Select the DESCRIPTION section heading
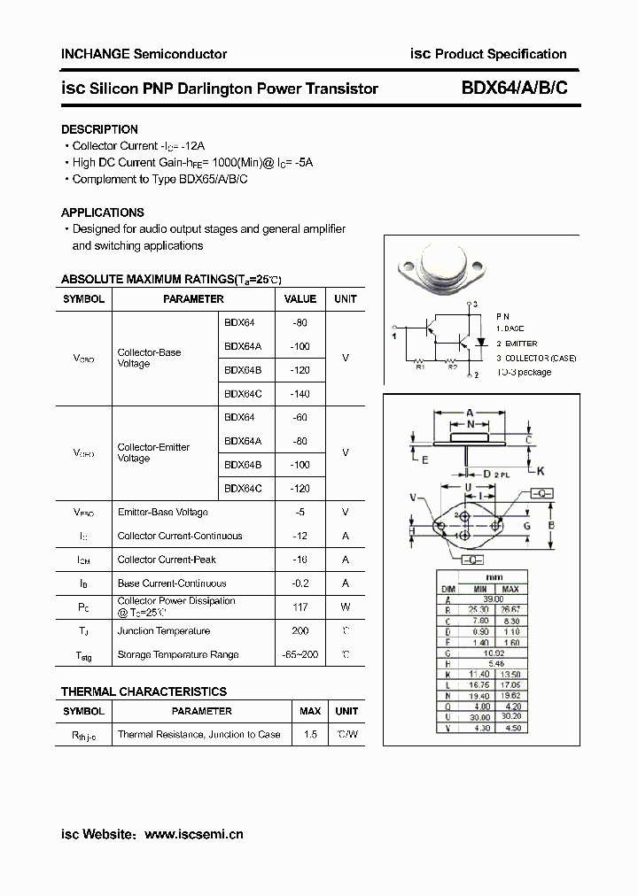pyautogui.click(x=99, y=129)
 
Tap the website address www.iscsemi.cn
pyautogui.click(x=193, y=834)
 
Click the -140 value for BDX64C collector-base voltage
pyautogui.click(x=300, y=394)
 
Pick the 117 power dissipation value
pyautogui.click(x=300, y=607)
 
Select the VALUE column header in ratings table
pyautogui.click(x=300, y=299)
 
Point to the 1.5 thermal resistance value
pyautogui.click(x=310, y=735)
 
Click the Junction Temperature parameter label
pyautogui.click(x=164, y=631)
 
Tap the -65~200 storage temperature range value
pyautogui.click(x=300, y=655)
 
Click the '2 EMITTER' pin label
pyautogui.click(x=517, y=344)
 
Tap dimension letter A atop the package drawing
pyautogui.click(x=470, y=413)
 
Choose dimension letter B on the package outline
pyautogui.click(x=549, y=526)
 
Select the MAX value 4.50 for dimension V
pyautogui.click(x=510, y=729)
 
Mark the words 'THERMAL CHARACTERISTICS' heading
pyautogui.click(x=144, y=691)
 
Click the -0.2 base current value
pyautogui.click(x=300, y=583)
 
